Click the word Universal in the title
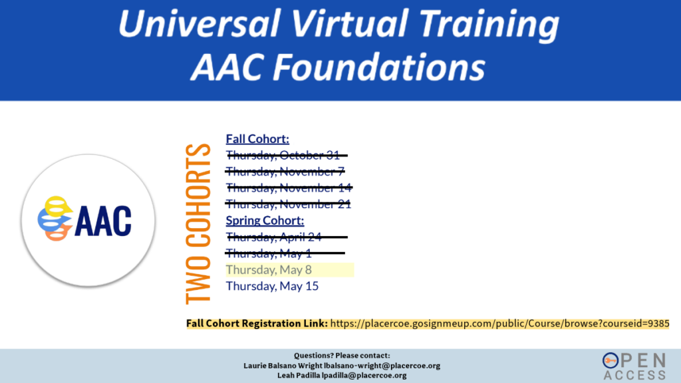pyautogui.click(x=198, y=23)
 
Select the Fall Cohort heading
pyautogui.click(x=257, y=139)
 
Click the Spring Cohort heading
pyautogui.click(x=265, y=221)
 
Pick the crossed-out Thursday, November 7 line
pyautogui.click(x=285, y=172)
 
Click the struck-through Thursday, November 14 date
pyautogui.click(x=289, y=188)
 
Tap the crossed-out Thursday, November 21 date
pyautogui.click(x=288, y=204)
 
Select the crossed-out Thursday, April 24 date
pyautogui.click(x=287, y=237)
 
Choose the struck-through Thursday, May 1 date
pyautogui.click(x=285, y=253)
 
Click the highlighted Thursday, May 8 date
pyautogui.click(x=269, y=270)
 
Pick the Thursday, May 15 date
pyautogui.click(x=272, y=286)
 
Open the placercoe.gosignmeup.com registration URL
pyautogui.click(x=500, y=324)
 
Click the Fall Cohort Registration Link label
pyautogui.click(x=257, y=324)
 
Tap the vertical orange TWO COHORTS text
pyautogui.click(x=198, y=223)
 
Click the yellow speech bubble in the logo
pyautogui.click(x=57, y=206)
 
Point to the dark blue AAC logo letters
pyautogui.click(x=103, y=221)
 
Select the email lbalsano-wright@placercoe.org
pyautogui.click(x=382, y=366)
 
